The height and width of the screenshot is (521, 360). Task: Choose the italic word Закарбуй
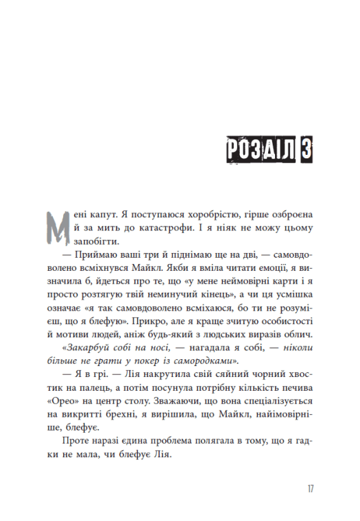[x=88, y=350]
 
